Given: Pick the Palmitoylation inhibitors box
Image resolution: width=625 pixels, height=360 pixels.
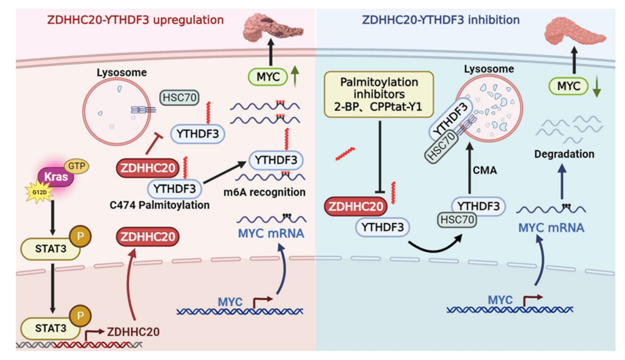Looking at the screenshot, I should pyautogui.click(x=379, y=94).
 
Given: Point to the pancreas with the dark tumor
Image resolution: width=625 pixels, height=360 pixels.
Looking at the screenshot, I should pyautogui.click(x=270, y=27).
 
